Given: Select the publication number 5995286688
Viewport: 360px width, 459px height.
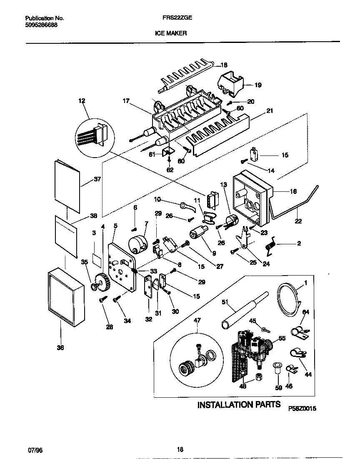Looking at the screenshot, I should pos(42,25).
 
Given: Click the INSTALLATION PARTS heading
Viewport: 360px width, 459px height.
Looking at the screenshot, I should pos(239,404).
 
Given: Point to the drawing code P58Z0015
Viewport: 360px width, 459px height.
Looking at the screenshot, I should pos(302,409).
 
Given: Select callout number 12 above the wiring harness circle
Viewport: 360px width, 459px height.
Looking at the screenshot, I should pos(81,100).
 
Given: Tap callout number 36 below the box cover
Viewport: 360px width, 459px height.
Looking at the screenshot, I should pos(60,349).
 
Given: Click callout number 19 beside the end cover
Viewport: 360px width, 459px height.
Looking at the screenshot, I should pos(258,85).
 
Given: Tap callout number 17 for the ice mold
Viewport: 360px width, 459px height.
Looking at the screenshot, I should pos(126,100).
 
